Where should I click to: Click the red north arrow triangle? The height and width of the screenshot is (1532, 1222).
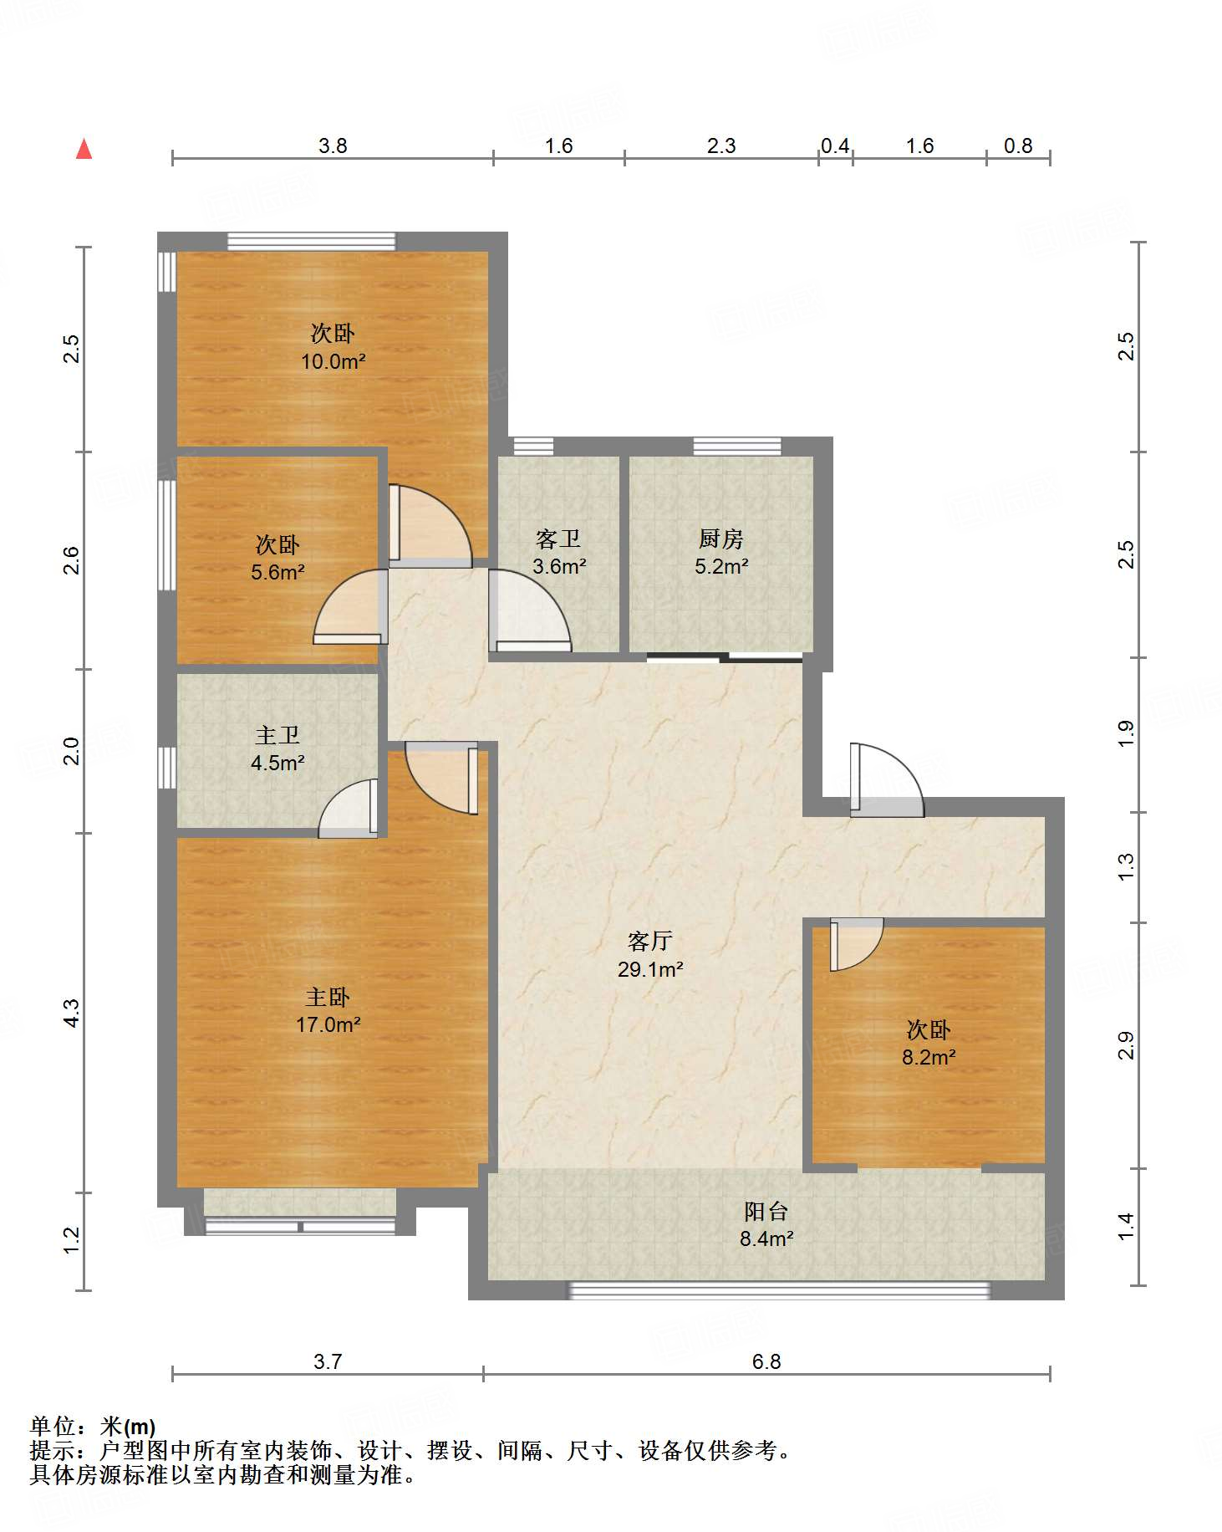click(84, 149)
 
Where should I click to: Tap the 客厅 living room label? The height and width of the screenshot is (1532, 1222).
click(649, 942)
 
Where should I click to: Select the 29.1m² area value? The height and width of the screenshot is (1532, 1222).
click(649, 969)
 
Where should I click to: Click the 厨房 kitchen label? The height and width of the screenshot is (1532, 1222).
click(720, 539)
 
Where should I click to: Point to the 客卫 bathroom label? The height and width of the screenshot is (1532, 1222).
click(558, 539)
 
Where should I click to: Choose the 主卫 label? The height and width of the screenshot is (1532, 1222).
click(277, 735)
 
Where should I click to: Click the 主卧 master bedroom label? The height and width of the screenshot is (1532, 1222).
click(328, 997)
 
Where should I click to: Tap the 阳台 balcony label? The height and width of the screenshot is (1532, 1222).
click(766, 1211)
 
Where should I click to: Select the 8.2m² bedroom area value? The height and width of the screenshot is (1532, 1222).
click(929, 1057)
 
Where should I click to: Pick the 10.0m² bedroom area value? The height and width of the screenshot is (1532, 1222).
click(334, 361)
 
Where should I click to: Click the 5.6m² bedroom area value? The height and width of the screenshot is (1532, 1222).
click(277, 572)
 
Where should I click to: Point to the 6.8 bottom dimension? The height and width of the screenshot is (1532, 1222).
click(766, 1361)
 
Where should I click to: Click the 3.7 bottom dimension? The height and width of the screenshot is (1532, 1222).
click(328, 1361)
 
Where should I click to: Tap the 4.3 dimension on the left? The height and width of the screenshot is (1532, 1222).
click(72, 1014)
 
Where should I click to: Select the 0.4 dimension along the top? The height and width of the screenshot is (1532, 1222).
click(835, 146)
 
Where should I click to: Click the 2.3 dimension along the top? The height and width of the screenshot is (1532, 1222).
click(721, 146)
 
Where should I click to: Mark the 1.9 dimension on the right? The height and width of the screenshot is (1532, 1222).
click(1127, 733)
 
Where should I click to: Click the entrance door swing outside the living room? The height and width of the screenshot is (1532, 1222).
click(886, 779)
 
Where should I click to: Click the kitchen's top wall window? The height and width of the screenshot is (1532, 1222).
click(737, 446)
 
